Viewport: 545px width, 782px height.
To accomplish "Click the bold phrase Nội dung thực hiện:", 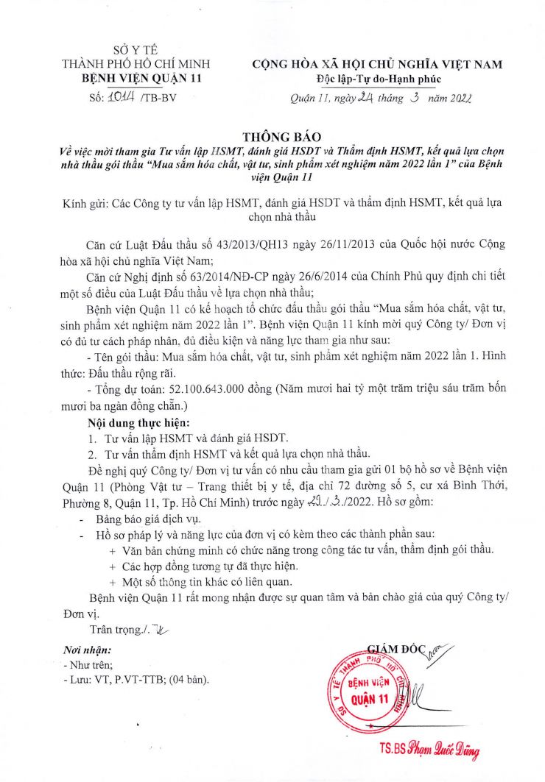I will pyautogui.click(x=138, y=422).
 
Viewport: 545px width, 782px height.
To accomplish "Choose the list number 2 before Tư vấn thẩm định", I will pyautogui.click(x=92, y=453).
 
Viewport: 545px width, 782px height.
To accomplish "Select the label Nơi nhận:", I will pyautogui.click(x=88, y=650).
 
